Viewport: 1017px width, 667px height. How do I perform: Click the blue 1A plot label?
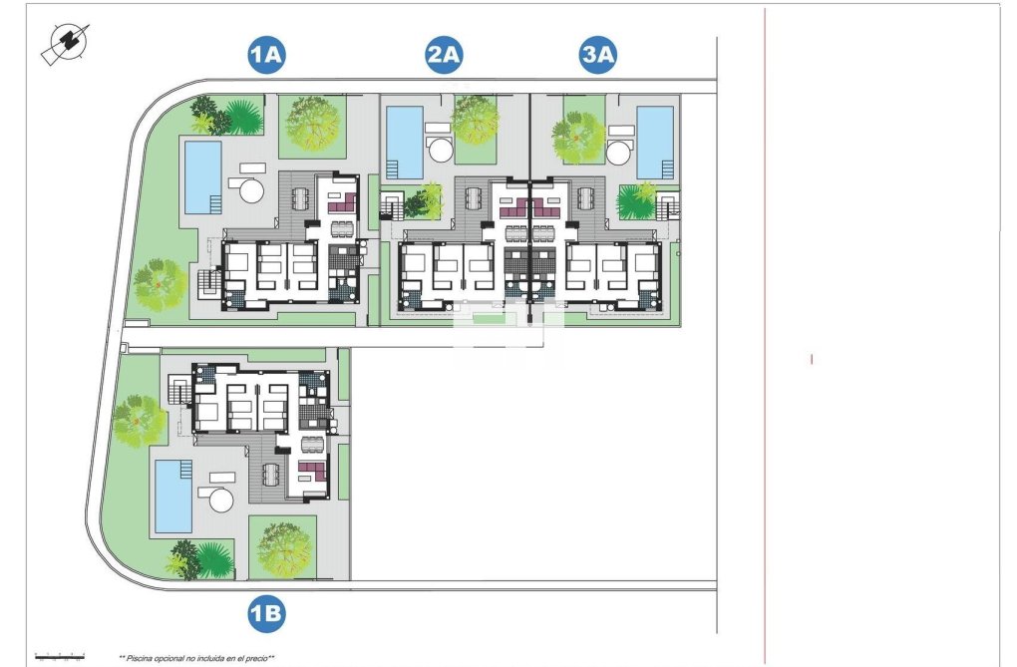click(x=267, y=57)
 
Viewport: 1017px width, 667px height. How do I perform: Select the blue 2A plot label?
click(x=443, y=57)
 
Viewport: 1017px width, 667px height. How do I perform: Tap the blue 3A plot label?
click(x=598, y=57)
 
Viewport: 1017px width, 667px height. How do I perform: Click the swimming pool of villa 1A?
click(x=202, y=175)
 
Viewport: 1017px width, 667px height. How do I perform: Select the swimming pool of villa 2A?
click(x=405, y=141)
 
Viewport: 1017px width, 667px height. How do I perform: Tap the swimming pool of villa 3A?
click(x=655, y=141)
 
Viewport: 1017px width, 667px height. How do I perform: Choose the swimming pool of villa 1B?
click(x=171, y=496)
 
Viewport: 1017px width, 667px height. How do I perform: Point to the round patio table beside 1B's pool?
click(x=218, y=499)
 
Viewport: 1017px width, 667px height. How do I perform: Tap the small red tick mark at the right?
click(x=812, y=359)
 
